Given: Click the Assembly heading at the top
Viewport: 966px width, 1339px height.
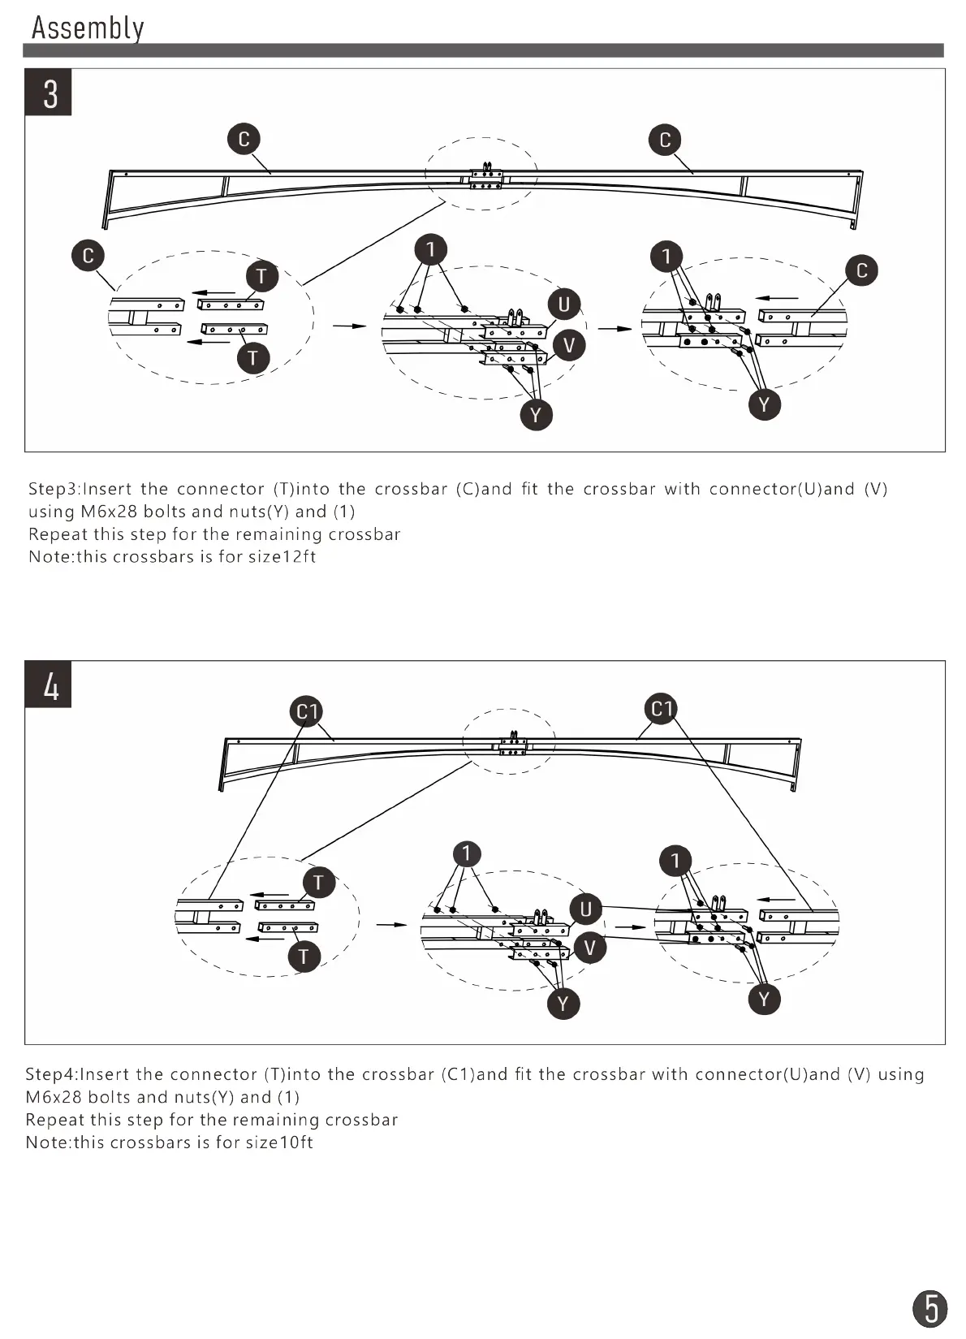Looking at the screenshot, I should click(x=88, y=28).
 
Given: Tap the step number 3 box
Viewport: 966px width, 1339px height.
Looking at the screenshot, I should click(x=49, y=93).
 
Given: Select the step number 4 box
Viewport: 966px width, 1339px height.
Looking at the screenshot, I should click(x=49, y=685).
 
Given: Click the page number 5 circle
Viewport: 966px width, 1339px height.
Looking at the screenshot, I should click(x=930, y=1308).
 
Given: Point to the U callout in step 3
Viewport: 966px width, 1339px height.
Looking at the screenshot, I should click(x=564, y=305).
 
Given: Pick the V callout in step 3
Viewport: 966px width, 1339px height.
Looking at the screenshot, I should click(x=568, y=345).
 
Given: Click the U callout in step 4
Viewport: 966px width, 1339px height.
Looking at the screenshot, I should click(x=586, y=909).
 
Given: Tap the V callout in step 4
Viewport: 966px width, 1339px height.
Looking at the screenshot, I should click(x=590, y=948).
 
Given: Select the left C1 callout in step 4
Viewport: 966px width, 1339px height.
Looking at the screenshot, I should click(x=307, y=712).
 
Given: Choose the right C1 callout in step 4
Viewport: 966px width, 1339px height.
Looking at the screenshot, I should click(x=662, y=709).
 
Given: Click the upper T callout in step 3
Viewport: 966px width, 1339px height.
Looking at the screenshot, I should click(x=261, y=277).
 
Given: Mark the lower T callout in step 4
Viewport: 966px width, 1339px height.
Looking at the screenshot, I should click(x=304, y=956).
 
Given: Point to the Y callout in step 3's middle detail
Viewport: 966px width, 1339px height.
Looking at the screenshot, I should click(x=536, y=415).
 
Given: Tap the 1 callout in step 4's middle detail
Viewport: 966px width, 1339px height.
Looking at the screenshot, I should click(x=467, y=853).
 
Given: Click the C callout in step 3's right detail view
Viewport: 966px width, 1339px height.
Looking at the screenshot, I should click(x=861, y=270).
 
